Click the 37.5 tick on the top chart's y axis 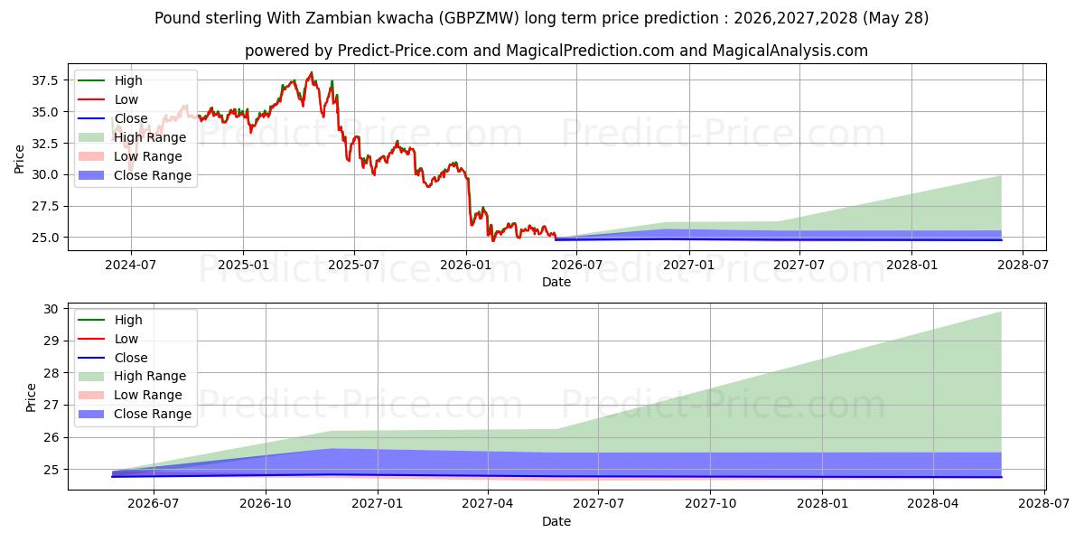point(45,80)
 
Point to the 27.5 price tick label point(45,206)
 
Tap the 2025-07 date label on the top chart point(354,266)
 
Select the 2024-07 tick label point(131,266)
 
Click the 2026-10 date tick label point(266,504)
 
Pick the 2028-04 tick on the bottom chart point(933,504)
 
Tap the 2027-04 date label point(488,504)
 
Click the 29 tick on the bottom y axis point(51,341)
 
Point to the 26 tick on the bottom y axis point(51,437)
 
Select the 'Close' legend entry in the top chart point(113,118)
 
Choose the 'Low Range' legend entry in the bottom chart point(130,395)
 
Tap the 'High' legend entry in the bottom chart point(110,320)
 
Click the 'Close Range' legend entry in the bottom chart point(135,414)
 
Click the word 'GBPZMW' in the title point(481,18)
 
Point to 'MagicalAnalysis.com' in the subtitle point(790,51)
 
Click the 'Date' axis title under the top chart point(556,282)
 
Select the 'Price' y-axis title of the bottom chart point(31,397)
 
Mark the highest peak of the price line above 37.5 point(312,72)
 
